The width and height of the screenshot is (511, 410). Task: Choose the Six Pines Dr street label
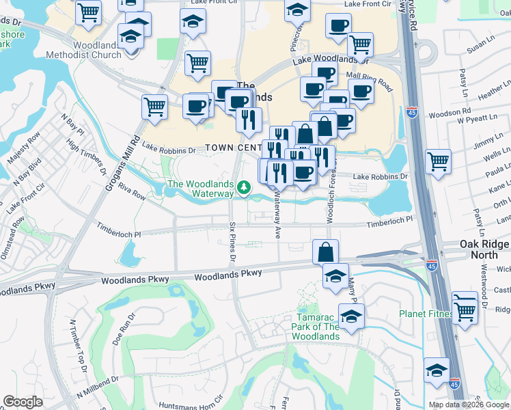coord(232,242)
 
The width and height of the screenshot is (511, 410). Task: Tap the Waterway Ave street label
coord(277,219)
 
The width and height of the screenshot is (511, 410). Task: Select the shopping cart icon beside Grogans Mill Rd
coord(154,107)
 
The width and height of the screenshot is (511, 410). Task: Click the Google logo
coord(23,402)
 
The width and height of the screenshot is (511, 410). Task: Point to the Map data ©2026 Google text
coord(468,405)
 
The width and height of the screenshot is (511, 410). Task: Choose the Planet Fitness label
coord(426,314)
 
